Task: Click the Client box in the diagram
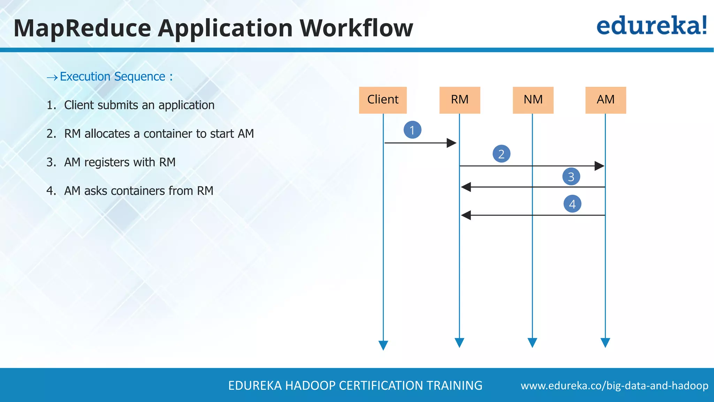click(383, 100)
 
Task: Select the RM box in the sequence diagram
click(459, 100)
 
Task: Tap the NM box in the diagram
click(533, 100)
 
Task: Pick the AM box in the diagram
click(606, 100)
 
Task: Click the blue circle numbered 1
click(412, 130)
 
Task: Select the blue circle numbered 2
click(501, 154)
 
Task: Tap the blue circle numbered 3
click(571, 177)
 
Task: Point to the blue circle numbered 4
click(572, 204)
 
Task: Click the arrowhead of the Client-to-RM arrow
click(451, 143)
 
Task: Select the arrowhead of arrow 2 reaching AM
click(599, 166)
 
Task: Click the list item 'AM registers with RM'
click(120, 162)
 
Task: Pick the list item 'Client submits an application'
click(139, 105)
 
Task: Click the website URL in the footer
click(614, 386)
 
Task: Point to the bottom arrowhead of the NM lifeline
click(532, 343)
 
